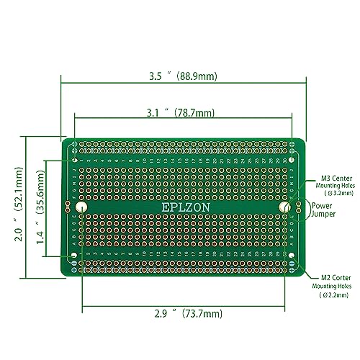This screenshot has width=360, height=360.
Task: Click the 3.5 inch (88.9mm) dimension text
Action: click(x=184, y=75)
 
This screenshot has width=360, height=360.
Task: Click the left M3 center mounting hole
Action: click(x=81, y=207)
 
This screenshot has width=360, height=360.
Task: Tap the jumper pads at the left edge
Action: click(x=68, y=207)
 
